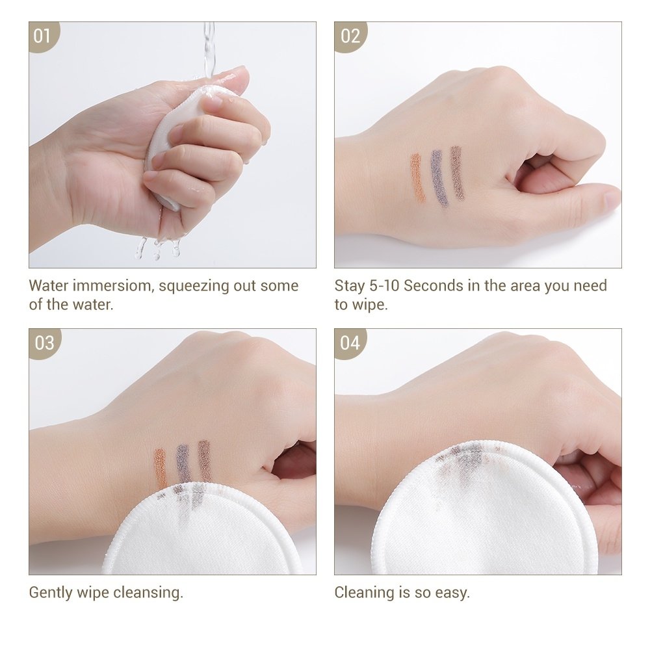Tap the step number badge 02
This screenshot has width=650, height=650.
click(349, 36)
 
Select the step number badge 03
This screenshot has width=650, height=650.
click(44, 343)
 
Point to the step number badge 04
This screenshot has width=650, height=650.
click(349, 343)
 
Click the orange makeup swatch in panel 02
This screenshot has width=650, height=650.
click(417, 177)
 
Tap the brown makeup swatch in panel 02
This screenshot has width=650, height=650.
click(457, 174)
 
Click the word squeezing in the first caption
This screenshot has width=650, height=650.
click(194, 287)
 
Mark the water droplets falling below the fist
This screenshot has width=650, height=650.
click(157, 248)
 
